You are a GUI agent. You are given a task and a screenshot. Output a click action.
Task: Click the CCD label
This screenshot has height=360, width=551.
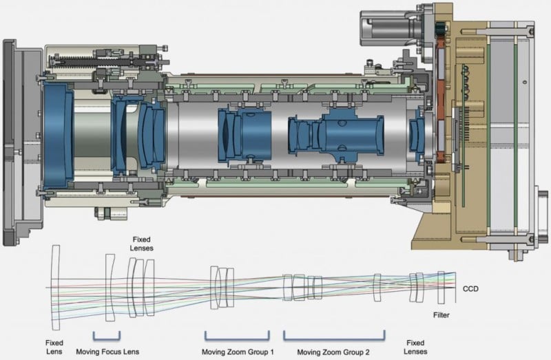(470, 289)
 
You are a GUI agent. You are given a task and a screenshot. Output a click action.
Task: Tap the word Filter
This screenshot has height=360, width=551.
(441, 315)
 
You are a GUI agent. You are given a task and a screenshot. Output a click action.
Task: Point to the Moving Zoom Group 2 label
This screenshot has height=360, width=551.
(333, 350)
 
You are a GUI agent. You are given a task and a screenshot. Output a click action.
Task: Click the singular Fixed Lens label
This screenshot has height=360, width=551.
(55, 345)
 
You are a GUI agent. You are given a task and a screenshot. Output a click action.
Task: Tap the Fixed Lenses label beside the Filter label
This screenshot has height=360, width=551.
(415, 345)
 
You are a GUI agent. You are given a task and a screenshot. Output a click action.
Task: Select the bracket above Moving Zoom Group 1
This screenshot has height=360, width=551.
(236, 336)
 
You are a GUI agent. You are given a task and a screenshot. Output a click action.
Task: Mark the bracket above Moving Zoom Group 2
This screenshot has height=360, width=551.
(334, 336)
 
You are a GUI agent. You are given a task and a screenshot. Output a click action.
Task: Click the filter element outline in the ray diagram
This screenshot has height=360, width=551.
(441, 287)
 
